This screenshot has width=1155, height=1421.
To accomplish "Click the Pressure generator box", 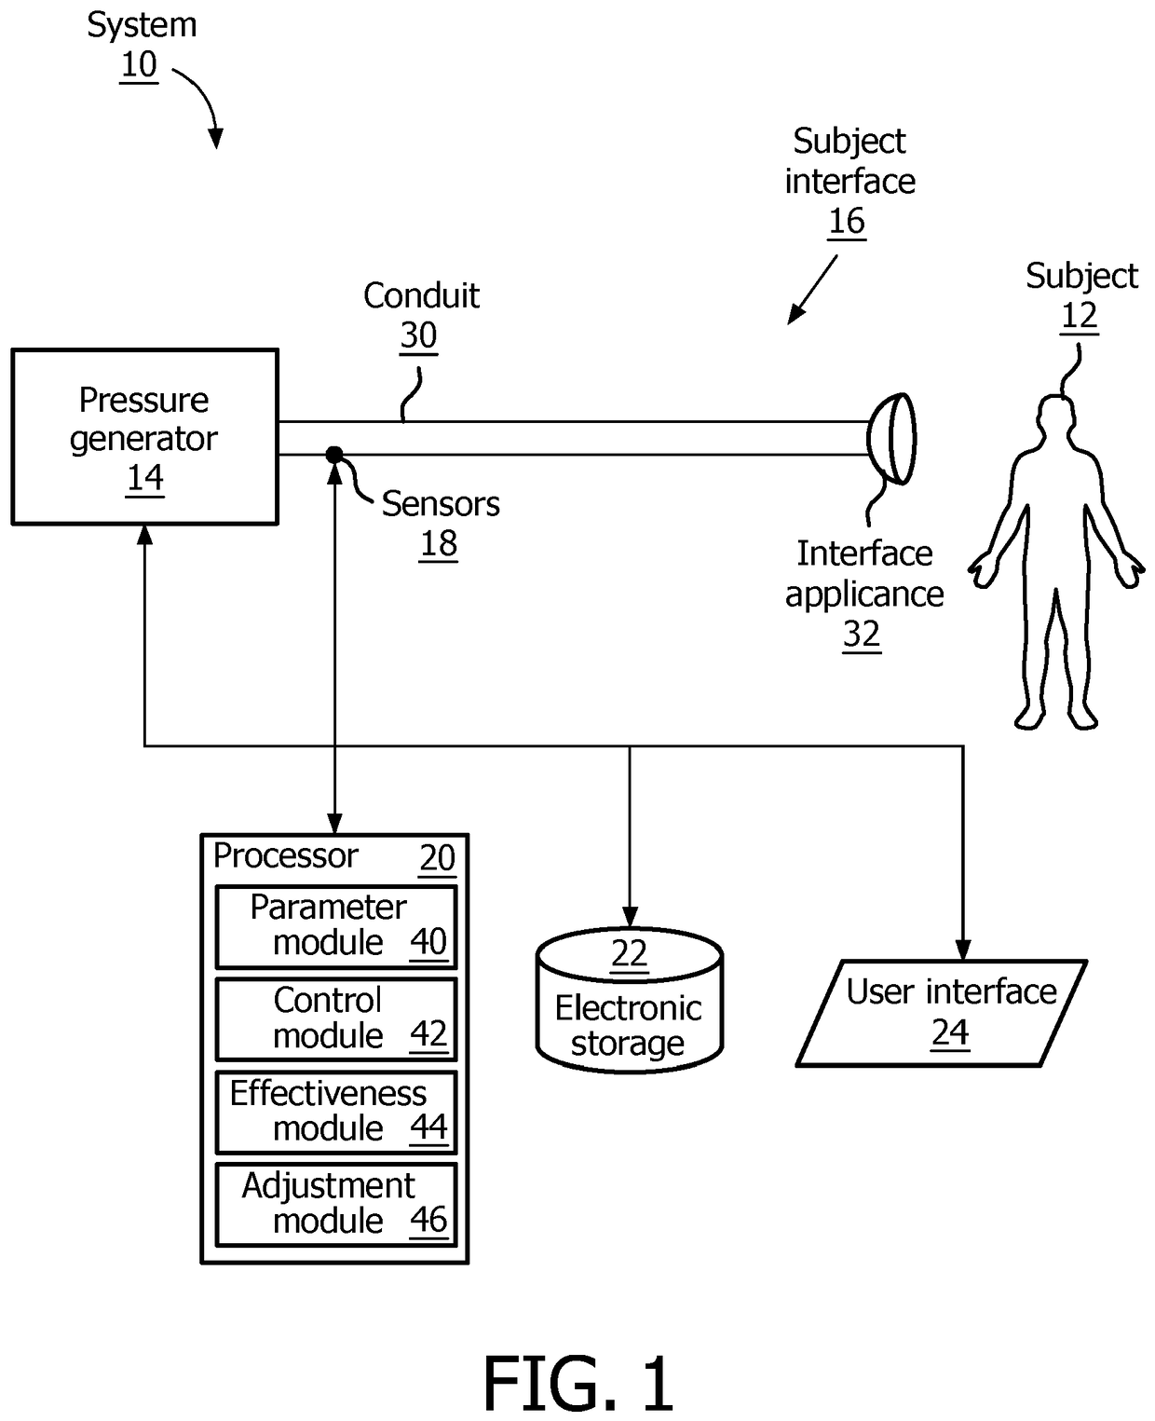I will [144, 436].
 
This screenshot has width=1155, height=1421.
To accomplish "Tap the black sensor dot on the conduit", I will [334, 455].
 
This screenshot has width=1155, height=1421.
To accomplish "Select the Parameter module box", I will [336, 926].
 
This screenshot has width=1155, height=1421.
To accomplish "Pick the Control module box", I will [336, 1018].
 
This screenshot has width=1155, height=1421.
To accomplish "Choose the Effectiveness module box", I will [336, 1112].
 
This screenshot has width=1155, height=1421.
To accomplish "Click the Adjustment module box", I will [336, 1204].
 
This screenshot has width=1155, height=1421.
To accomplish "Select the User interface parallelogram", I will [942, 1013].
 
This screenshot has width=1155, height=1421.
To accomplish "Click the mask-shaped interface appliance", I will [892, 438].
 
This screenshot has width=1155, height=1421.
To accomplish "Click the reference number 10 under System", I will [139, 65].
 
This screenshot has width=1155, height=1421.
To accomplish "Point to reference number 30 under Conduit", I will [418, 335].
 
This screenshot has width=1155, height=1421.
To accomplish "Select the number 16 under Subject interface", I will [847, 222].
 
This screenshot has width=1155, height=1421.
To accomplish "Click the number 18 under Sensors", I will [438, 544].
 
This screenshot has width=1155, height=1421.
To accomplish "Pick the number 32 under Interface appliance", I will [862, 635].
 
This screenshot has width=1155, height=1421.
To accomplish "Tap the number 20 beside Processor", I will [437, 858].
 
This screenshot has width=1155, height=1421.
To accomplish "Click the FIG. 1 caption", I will [577, 1384].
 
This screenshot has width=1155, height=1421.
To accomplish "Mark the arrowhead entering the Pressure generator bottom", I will [144, 534].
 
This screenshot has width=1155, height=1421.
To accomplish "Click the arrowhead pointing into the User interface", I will [962, 950].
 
